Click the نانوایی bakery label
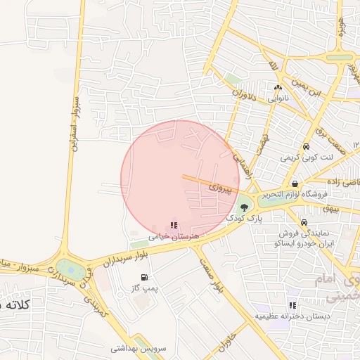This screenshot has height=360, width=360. click(x=276, y=98)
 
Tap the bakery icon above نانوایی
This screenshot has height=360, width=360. click(x=277, y=88)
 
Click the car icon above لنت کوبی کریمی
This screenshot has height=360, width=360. click(x=307, y=146)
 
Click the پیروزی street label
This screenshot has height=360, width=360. click(x=224, y=188)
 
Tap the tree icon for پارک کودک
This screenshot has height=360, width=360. click(x=244, y=207)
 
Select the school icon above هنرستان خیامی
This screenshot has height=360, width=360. click(x=174, y=226)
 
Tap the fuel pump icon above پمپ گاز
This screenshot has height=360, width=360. click(x=144, y=278)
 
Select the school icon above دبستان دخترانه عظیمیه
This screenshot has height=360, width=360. click(x=292, y=305)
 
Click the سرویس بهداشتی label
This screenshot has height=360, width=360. click(x=138, y=348)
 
